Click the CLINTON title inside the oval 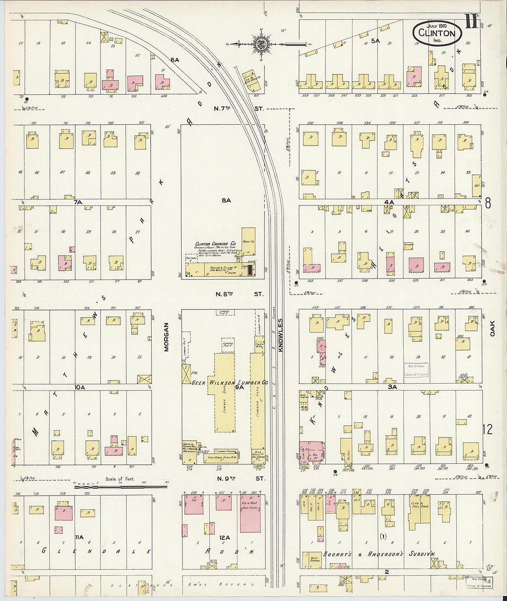pos(436,33)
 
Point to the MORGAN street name pos(166,338)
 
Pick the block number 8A pos(225,200)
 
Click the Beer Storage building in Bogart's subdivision pos(311,558)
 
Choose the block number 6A pos(174,60)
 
